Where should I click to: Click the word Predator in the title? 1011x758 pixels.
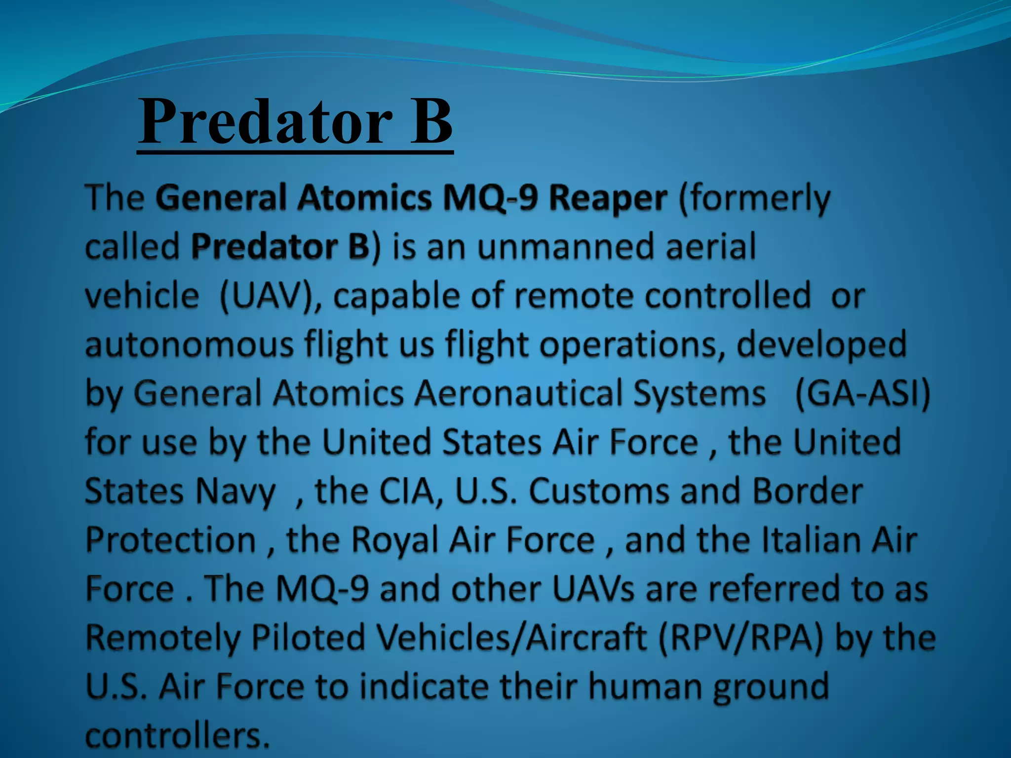265,121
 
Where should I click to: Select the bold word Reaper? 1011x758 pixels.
608,198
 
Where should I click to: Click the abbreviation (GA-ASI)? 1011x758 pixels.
862,393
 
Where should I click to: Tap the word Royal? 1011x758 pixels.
395,540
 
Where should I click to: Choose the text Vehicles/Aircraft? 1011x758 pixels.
511,638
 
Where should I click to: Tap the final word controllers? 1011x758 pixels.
178,735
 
